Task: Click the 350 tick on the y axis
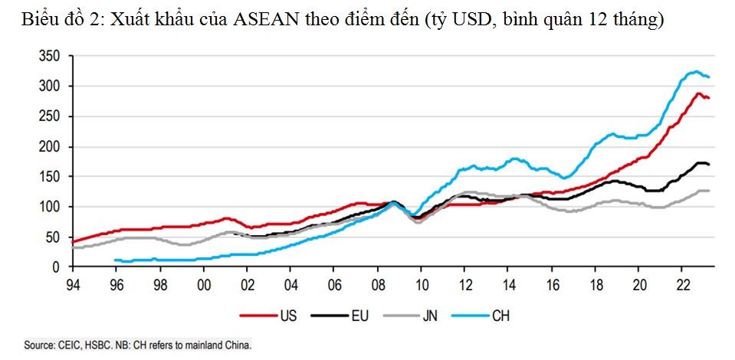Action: [50, 56]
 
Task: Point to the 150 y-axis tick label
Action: [50, 176]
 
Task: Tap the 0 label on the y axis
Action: [56, 267]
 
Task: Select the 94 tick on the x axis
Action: [72, 283]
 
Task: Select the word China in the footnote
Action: [236, 345]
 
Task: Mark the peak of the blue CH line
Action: [695, 71]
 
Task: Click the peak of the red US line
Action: [698, 93]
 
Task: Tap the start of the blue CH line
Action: [115, 260]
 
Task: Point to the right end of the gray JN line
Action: [709, 190]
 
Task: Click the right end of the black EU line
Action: [709, 165]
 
